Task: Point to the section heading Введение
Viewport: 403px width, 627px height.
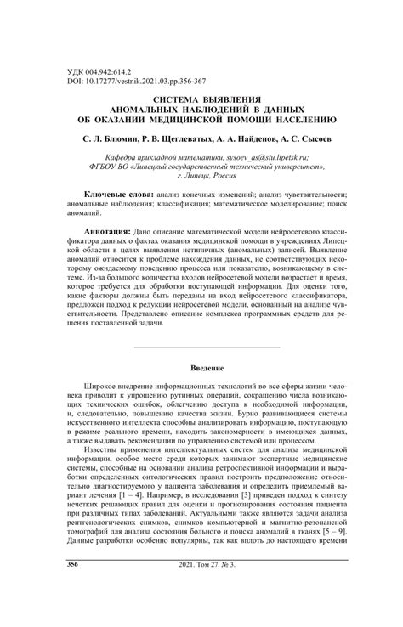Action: pyautogui.click(x=207, y=346)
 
